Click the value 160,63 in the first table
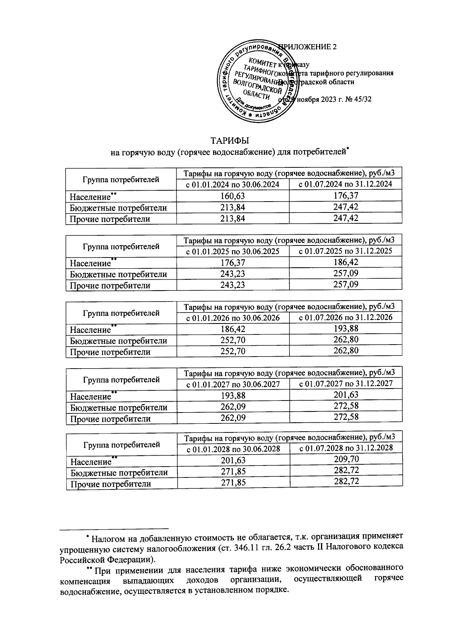click(x=233, y=196)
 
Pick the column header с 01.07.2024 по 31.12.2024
click(x=345, y=184)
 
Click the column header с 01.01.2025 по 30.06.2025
click(x=233, y=251)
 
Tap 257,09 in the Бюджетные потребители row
click(x=346, y=273)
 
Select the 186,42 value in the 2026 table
click(x=233, y=329)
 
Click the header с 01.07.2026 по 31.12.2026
click(x=345, y=318)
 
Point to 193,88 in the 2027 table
click(x=233, y=395)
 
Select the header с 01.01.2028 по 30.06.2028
click(x=233, y=449)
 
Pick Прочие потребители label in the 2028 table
click(x=110, y=484)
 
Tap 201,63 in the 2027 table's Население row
click(x=346, y=395)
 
